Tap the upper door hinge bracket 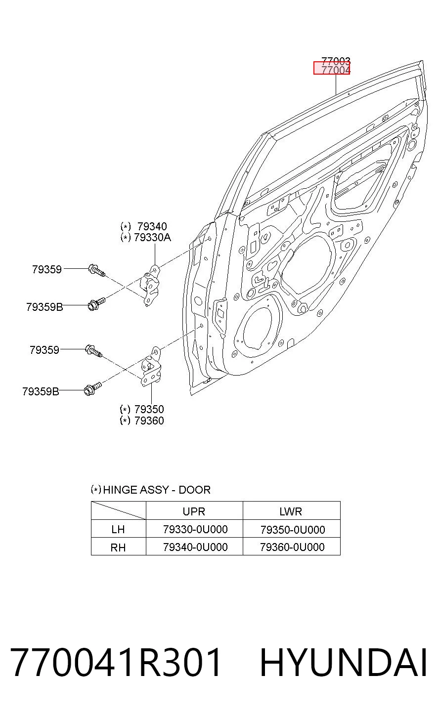click(x=151, y=284)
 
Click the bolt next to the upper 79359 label click(x=96, y=271)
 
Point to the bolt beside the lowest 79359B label click(x=92, y=388)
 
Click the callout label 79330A click(x=152, y=238)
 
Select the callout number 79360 click(x=149, y=421)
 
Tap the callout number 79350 click(x=149, y=409)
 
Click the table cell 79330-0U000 click(x=195, y=529)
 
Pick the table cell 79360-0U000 click(x=293, y=547)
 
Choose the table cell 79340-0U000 click(x=195, y=547)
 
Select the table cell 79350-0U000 click(x=293, y=530)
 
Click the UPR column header click(x=194, y=511)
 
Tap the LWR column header click(x=291, y=511)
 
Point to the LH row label click(x=118, y=529)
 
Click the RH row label click(x=118, y=547)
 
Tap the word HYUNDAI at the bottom click(x=344, y=662)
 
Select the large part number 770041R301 click(x=115, y=662)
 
